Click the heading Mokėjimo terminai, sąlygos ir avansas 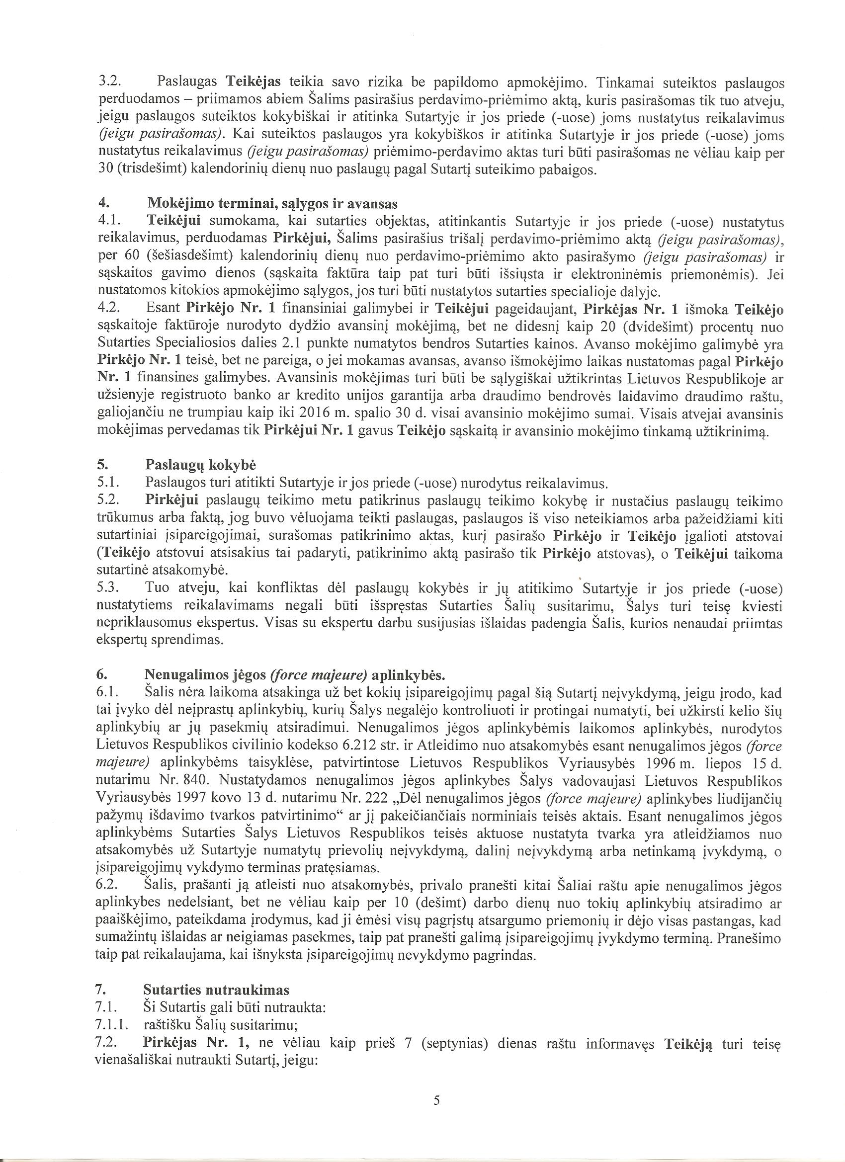272,204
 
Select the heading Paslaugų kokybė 200,465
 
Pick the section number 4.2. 109,309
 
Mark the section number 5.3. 107,587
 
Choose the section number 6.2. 107,886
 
